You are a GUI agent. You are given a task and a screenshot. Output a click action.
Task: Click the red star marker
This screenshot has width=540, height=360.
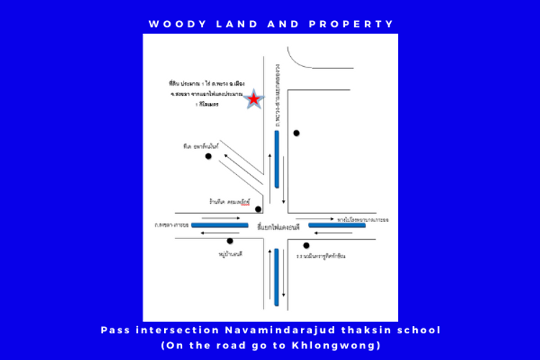pyautogui.click(x=255, y=99)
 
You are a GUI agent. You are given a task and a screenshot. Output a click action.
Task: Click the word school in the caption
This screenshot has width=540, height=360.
pyautogui.click(x=419, y=330)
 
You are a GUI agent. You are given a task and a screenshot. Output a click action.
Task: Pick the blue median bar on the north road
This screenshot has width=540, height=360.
pyautogui.click(x=276, y=159)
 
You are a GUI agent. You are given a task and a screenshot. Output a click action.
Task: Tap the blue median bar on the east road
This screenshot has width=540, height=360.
pyautogui.click(x=337, y=226)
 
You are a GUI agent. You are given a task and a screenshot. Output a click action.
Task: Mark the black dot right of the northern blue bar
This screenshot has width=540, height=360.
pyautogui.click(x=296, y=133)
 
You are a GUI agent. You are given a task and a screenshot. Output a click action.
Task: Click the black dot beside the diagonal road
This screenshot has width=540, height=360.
pyautogui.click(x=208, y=156)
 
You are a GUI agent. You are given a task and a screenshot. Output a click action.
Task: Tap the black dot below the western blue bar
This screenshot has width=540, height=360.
pyautogui.click(x=230, y=241)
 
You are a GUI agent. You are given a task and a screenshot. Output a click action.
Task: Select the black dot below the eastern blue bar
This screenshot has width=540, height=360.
pyautogui.click(x=306, y=245)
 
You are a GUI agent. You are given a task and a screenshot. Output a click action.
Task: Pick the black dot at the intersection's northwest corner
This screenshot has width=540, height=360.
pyautogui.click(x=258, y=210)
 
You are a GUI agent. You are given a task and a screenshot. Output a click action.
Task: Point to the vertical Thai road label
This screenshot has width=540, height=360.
pyautogui.click(x=276, y=94)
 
